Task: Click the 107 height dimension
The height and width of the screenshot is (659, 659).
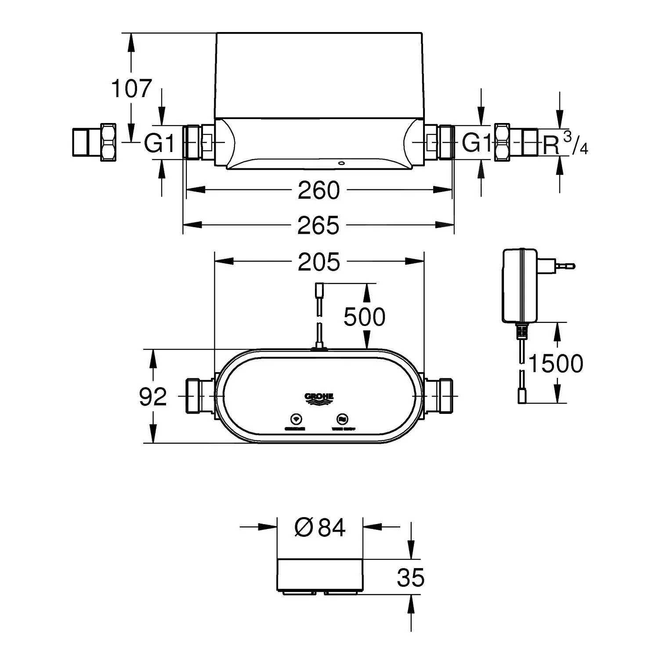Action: (131, 88)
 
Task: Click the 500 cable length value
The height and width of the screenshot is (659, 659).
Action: (364, 317)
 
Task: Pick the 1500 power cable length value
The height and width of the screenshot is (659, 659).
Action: (555, 363)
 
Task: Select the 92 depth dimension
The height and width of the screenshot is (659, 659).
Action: (153, 397)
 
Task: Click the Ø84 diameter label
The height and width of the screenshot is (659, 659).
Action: (320, 527)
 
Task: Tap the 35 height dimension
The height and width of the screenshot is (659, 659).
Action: (411, 577)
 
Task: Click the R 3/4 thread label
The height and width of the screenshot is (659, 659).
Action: (565, 144)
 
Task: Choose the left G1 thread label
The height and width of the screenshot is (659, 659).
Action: (160, 143)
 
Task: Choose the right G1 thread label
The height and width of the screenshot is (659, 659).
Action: (477, 143)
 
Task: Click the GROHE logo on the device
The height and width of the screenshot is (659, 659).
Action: (319, 398)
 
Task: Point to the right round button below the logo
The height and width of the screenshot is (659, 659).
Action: (342, 418)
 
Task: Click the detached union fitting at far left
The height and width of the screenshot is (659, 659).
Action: (94, 142)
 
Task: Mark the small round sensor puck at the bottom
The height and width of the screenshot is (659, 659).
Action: (320, 576)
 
